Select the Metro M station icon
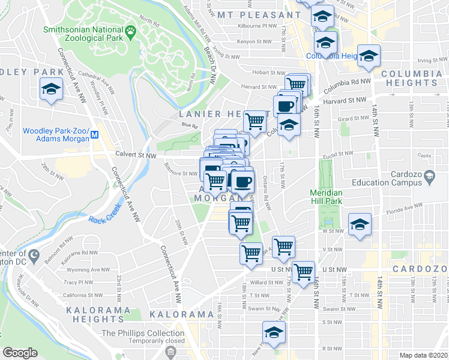95,136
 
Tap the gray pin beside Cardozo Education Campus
429,176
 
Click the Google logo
20,353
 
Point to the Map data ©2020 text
423,355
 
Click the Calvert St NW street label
136,155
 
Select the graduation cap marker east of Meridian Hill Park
360,225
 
